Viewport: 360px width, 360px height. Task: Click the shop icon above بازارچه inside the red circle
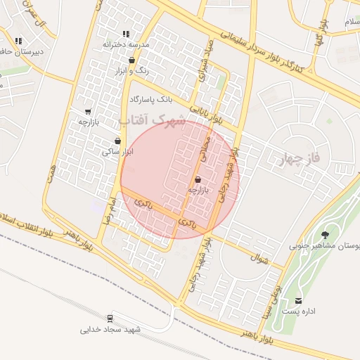pos(198,179)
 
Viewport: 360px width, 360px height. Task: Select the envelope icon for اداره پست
pos(300,301)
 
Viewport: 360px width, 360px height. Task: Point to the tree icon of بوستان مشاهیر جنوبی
pos(324,235)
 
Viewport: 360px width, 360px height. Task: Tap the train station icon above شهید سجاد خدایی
pos(110,319)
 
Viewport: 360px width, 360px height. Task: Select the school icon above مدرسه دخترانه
pos(126,33)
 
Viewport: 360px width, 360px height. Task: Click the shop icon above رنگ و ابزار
pos(131,60)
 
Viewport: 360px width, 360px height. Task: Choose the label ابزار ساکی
pos(117,151)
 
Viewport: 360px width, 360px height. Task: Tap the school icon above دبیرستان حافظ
pos(18,41)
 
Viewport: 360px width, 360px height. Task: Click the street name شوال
pos(260,259)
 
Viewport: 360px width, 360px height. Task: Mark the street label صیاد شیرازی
pos(204,67)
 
